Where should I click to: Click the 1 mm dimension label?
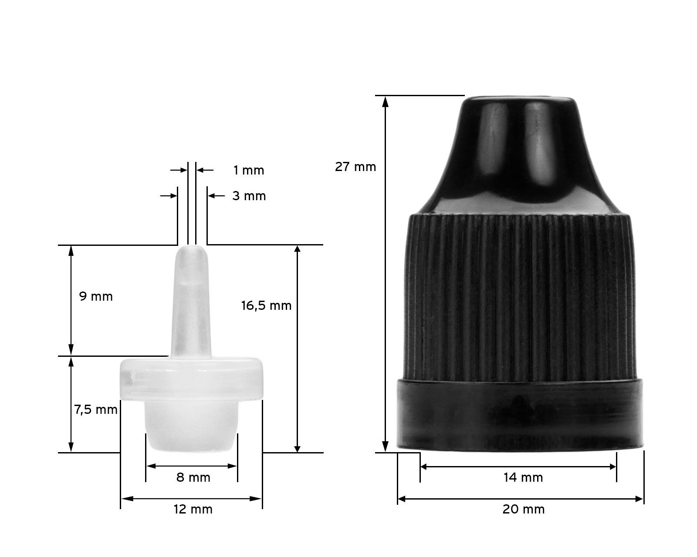pyautogui.click(x=248, y=170)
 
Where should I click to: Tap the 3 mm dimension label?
pyautogui.click(x=249, y=196)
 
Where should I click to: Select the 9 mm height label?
pyautogui.click(x=96, y=296)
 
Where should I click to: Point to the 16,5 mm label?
pyautogui.click(x=266, y=306)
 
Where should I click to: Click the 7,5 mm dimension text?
pyautogui.click(x=96, y=410)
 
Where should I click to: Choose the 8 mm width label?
pyautogui.click(x=193, y=478)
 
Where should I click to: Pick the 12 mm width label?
pyautogui.click(x=193, y=510)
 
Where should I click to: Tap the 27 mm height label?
pyautogui.click(x=355, y=167)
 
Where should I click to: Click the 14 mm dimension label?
pyautogui.click(x=523, y=478)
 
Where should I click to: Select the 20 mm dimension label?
pyautogui.click(x=523, y=510)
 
